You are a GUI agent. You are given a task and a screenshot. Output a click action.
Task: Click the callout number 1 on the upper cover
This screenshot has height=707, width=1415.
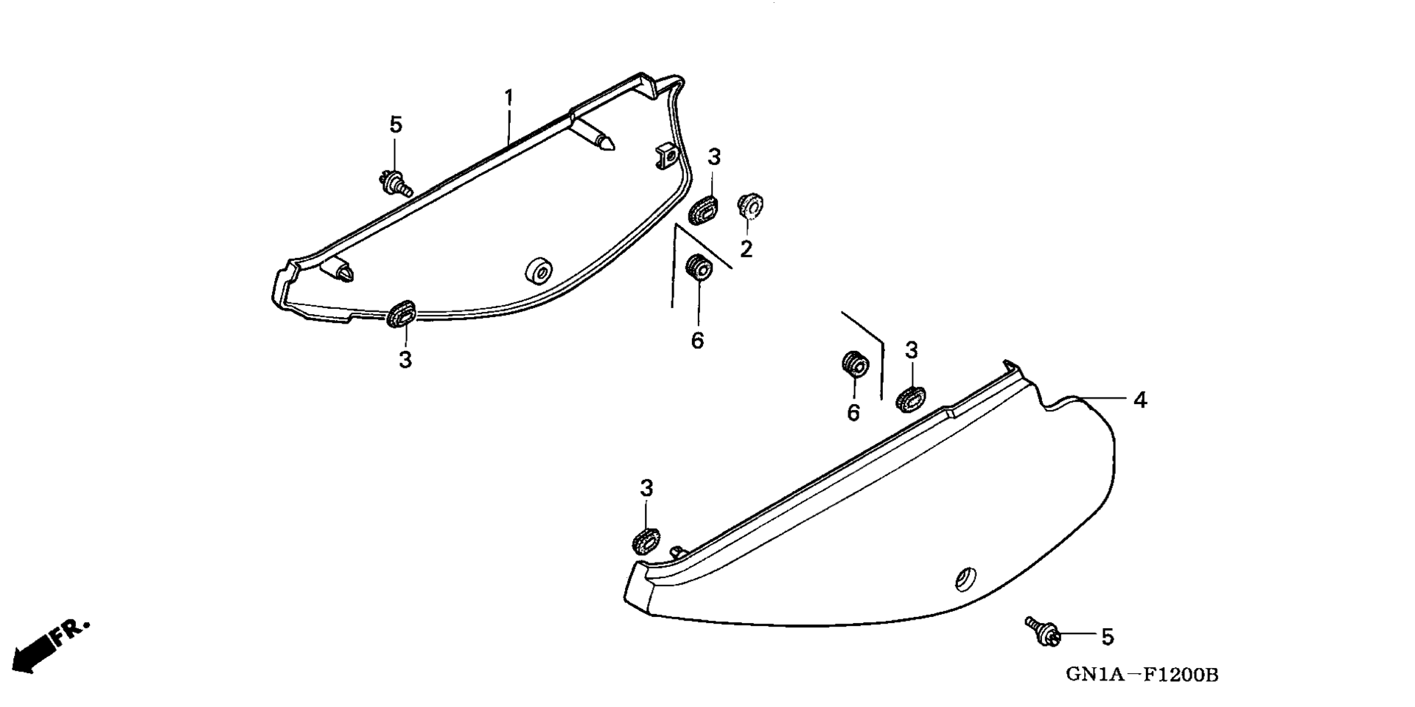coord(509,97)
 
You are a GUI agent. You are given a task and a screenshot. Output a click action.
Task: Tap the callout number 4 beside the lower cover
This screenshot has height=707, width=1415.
coord(1139,400)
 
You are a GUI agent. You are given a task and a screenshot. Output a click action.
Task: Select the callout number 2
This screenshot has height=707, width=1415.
coord(747,249)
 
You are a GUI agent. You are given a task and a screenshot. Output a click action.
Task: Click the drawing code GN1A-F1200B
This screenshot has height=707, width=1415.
coord(1141,675)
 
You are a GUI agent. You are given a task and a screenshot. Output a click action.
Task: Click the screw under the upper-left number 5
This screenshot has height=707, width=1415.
coord(394,181)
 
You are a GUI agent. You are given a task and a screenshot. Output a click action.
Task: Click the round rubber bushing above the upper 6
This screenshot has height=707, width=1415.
coord(699,267)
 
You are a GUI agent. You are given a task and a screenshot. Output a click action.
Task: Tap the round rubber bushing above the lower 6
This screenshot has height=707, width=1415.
coord(855,364)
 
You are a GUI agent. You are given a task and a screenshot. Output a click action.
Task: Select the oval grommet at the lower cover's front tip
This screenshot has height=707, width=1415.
coord(646,541)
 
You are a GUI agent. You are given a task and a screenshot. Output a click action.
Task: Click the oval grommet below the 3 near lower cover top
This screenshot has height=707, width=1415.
coord(912,399)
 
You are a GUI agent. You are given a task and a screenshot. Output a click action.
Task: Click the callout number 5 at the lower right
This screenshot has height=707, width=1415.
coord(1107,637)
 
